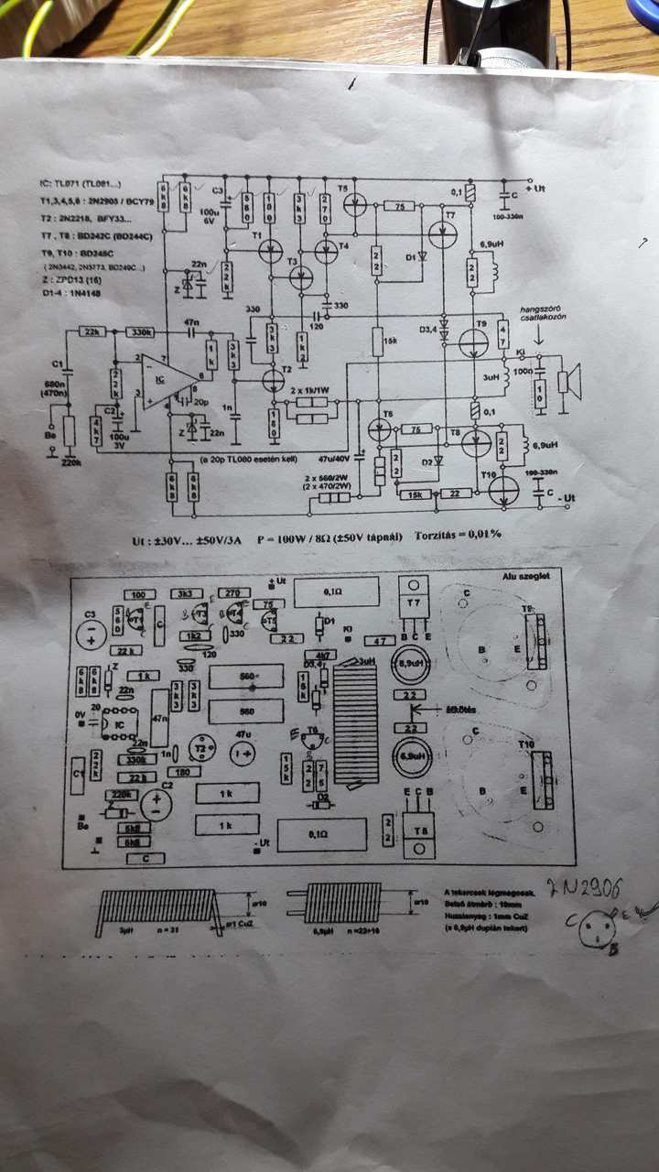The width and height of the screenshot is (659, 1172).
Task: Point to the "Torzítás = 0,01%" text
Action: click(459, 533)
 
